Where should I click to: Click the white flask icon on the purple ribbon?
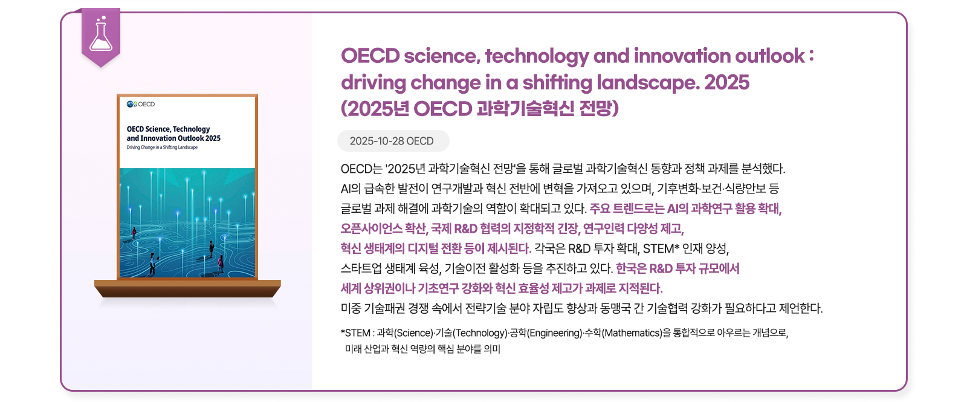pyautogui.click(x=100, y=34)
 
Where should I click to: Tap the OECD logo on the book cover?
pyautogui.click(x=141, y=104)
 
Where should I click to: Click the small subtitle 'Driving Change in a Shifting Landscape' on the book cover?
pyautogui.click(x=162, y=148)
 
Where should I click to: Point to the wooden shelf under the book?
pyautogui.click(x=187, y=288)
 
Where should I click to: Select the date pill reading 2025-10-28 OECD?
pyautogui.click(x=393, y=141)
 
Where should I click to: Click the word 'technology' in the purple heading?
pyautogui.click(x=537, y=56)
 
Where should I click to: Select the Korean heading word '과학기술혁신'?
pyautogui.click(x=525, y=109)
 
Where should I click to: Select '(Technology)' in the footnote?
pyautogui.click(x=480, y=333)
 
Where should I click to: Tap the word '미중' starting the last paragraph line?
pyautogui.click(x=351, y=308)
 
